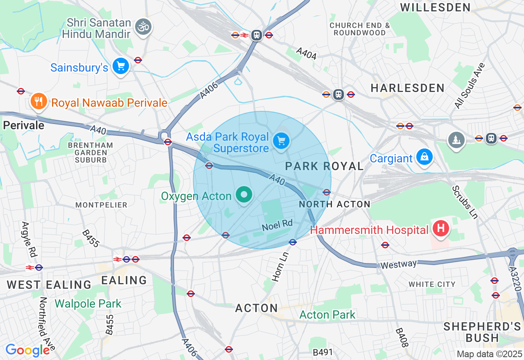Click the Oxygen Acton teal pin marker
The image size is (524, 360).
(244, 195)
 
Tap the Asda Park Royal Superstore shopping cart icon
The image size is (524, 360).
(281, 141)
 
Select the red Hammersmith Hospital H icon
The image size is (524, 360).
(440, 228)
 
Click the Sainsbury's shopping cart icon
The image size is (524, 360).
(121, 66)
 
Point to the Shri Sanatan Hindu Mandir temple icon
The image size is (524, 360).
(143, 27)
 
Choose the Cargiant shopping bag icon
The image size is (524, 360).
(425, 157)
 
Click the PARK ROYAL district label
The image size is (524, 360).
(324, 166)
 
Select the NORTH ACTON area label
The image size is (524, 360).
(334, 204)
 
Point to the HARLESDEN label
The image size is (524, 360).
(407, 88)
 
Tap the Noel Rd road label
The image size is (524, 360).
(278, 225)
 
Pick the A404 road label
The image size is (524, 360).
(306, 54)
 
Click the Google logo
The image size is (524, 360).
(27, 350)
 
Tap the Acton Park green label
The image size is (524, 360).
(327, 315)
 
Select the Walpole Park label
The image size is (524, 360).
(88, 304)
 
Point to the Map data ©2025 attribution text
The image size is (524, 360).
(490, 354)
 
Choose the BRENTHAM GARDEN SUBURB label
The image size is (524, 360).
(90, 152)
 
